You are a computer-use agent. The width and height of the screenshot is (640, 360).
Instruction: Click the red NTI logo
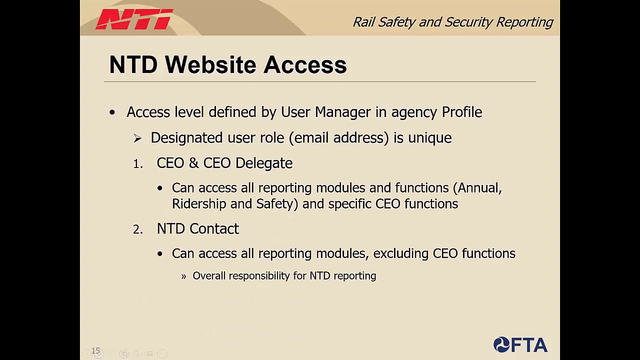134,20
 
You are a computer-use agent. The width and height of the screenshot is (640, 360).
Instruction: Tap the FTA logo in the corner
520,345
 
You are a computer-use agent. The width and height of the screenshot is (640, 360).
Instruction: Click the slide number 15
95,351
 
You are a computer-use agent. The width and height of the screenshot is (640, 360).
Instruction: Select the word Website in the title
210,65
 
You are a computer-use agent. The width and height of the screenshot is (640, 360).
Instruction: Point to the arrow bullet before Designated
137,138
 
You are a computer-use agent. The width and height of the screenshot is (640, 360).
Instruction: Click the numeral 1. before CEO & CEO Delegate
138,164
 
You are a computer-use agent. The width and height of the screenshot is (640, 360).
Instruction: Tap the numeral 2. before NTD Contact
138,229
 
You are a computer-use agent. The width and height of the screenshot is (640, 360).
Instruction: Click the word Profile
461,112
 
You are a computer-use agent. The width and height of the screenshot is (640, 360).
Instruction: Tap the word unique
429,138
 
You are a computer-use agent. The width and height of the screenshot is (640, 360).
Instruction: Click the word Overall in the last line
208,276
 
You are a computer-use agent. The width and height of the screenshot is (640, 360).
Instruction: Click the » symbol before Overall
183,276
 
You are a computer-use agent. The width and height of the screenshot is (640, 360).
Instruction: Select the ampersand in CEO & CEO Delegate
193,163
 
